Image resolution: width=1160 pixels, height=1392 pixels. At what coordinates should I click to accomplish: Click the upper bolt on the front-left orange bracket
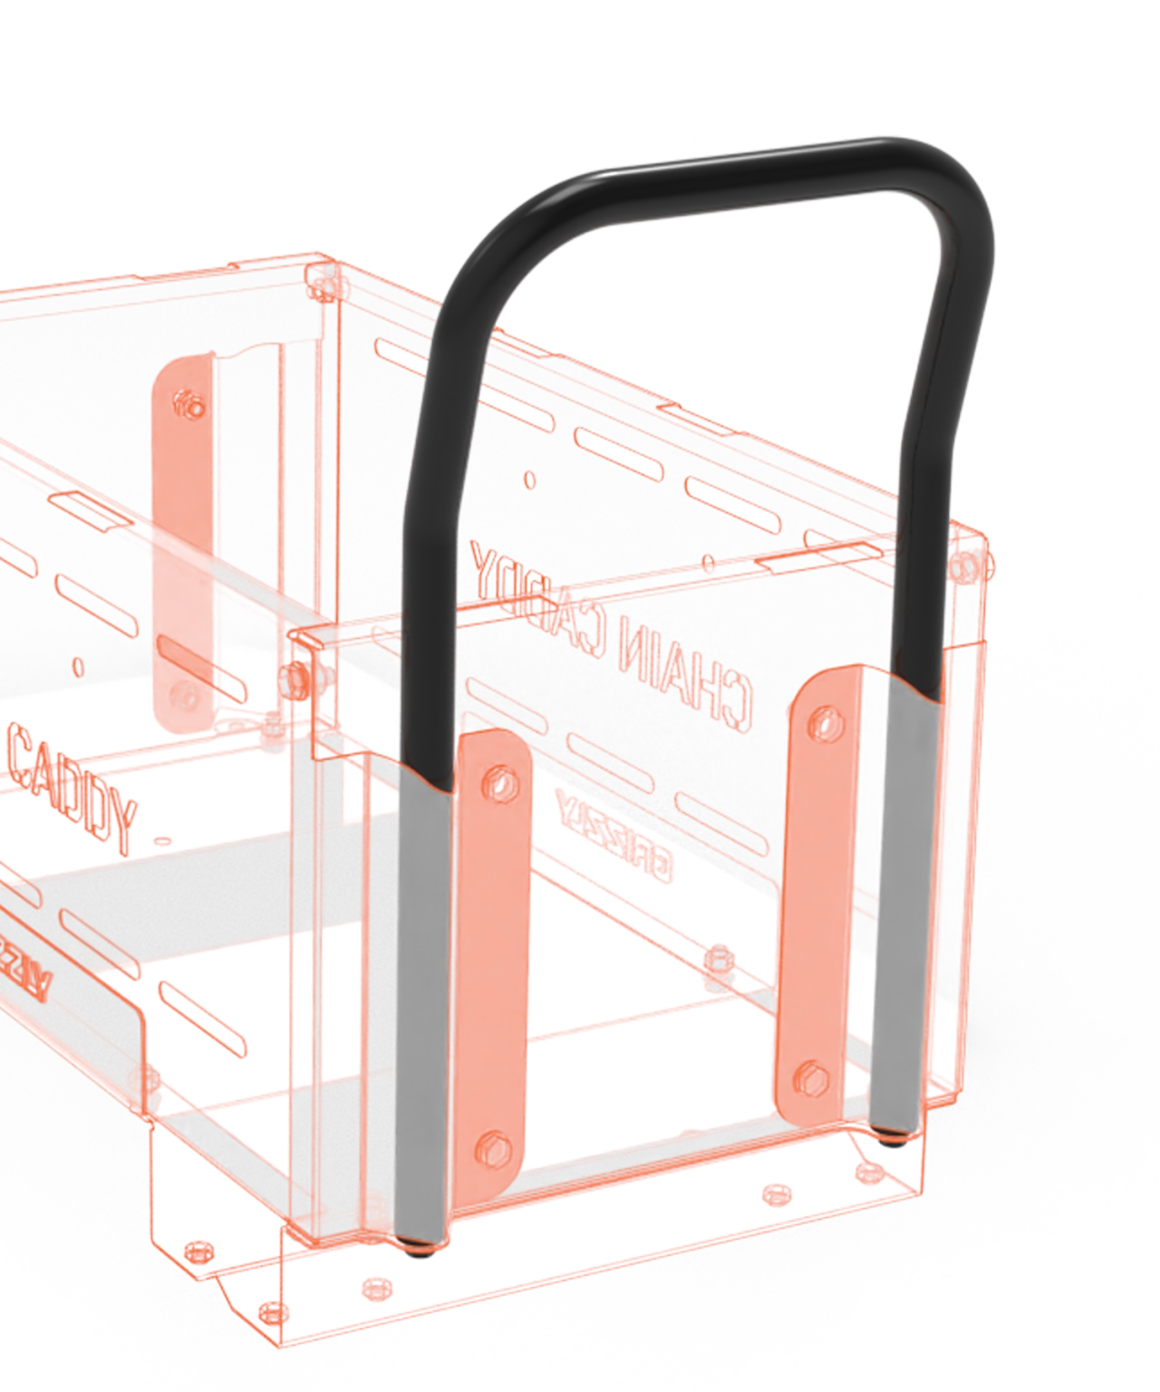click(x=498, y=778)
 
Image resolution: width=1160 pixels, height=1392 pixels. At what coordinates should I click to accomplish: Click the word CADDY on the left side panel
click(x=72, y=779)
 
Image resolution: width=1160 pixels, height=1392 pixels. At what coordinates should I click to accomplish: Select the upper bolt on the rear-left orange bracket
click(x=191, y=404)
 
